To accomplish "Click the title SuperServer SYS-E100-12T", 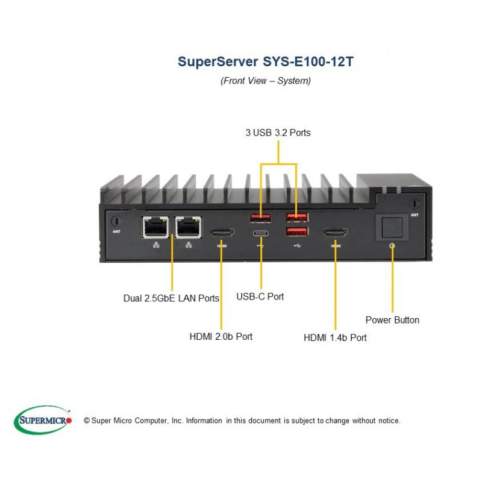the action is (x=266, y=61).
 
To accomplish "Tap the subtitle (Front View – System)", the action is (x=266, y=81).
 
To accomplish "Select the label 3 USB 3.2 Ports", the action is (x=278, y=133).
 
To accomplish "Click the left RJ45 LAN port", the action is (x=155, y=227).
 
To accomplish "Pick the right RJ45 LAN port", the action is (x=188, y=227).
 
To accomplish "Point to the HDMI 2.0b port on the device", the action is (x=222, y=233).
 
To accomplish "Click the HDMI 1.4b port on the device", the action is (x=336, y=233).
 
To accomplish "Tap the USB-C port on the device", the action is (x=261, y=233).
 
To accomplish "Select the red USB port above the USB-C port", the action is (x=260, y=218).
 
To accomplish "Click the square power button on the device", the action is (x=392, y=228).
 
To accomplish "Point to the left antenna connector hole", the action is (x=116, y=221).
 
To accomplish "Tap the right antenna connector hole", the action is (x=415, y=204).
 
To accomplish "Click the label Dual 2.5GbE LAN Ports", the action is (x=171, y=298).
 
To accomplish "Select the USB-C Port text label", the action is (x=260, y=296).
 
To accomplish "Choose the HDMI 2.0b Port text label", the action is (x=221, y=336).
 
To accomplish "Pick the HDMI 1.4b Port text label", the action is (x=335, y=337).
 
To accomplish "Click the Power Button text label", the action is (x=392, y=320).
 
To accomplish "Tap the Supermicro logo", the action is (x=43, y=419).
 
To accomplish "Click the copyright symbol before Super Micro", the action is (x=87, y=421).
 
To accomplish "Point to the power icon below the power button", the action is (x=392, y=246).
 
